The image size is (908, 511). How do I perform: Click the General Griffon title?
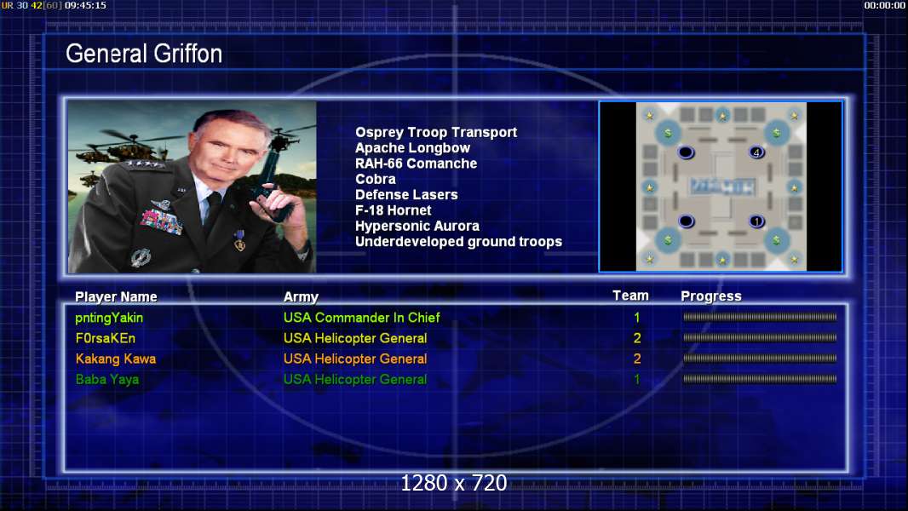pyautogui.click(x=144, y=54)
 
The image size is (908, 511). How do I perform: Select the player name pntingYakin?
pyautogui.click(x=109, y=318)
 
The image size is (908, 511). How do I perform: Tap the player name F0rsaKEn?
pyautogui.click(x=106, y=338)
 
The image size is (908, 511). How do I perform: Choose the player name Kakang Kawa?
pyautogui.click(x=115, y=359)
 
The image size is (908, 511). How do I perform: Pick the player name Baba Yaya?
pyautogui.click(x=107, y=380)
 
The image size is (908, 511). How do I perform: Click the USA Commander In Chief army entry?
pyautogui.click(x=361, y=317)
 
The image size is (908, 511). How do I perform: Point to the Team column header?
pyautogui.click(x=630, y=296)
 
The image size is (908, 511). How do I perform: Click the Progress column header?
pyautogui.click(x=711, y=296)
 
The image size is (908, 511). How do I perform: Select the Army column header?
pyautogui.click(x=301, y=297)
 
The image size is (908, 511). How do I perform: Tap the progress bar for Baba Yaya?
pyautogui.click(x=760, y=379)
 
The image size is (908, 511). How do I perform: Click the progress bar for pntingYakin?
pyautogui.click(x=760, y=317)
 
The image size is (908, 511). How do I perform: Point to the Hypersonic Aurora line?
pyautogui.click(x=417, y=227)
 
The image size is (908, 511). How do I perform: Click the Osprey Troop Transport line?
pyautogui.click(x=436, y=133)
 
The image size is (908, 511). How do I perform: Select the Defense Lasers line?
pyautogui.click(x=406, y=195)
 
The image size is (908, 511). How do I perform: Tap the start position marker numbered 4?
pyautogui.click(x=756, y=152)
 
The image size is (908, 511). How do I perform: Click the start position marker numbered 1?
pyautogui.click(x=756, y=221)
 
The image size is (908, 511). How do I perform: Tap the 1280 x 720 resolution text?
pyautogui.click(x=454, y=483)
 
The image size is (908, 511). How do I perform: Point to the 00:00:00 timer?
pyautogui.click(x=884, y=5)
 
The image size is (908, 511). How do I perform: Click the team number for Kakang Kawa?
pyautogui.click(x=637, y=359)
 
